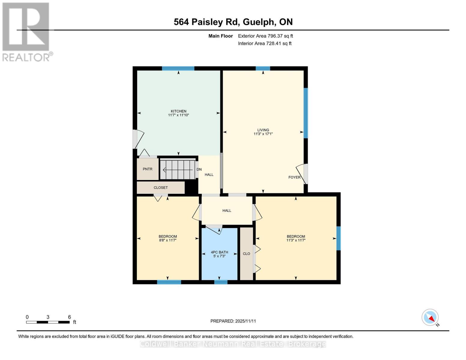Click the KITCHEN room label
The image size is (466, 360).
point(179,111)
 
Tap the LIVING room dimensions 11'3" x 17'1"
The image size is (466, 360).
point(263,134)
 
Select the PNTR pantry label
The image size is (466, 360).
point(147,169)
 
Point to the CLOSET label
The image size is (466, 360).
point(161,188)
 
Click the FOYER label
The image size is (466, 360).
point(294,177)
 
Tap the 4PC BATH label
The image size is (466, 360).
point(219,252)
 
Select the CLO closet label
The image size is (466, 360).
point(246,254)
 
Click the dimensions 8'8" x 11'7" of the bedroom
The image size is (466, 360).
point(167,240)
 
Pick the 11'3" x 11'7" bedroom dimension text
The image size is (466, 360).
point(296,240)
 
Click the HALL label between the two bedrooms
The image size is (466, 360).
point(227,211)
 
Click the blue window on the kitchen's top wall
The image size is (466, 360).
point(178,68)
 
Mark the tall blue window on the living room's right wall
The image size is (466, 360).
point(305,113)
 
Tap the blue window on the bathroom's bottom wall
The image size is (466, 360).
point(221,282)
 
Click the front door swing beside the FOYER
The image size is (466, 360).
point(302,174)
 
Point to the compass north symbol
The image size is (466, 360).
point(430,317)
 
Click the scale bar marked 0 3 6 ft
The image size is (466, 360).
point(48,322)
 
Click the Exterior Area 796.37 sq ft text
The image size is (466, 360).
point(265,36)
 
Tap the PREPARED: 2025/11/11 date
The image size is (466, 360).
point(233,321)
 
